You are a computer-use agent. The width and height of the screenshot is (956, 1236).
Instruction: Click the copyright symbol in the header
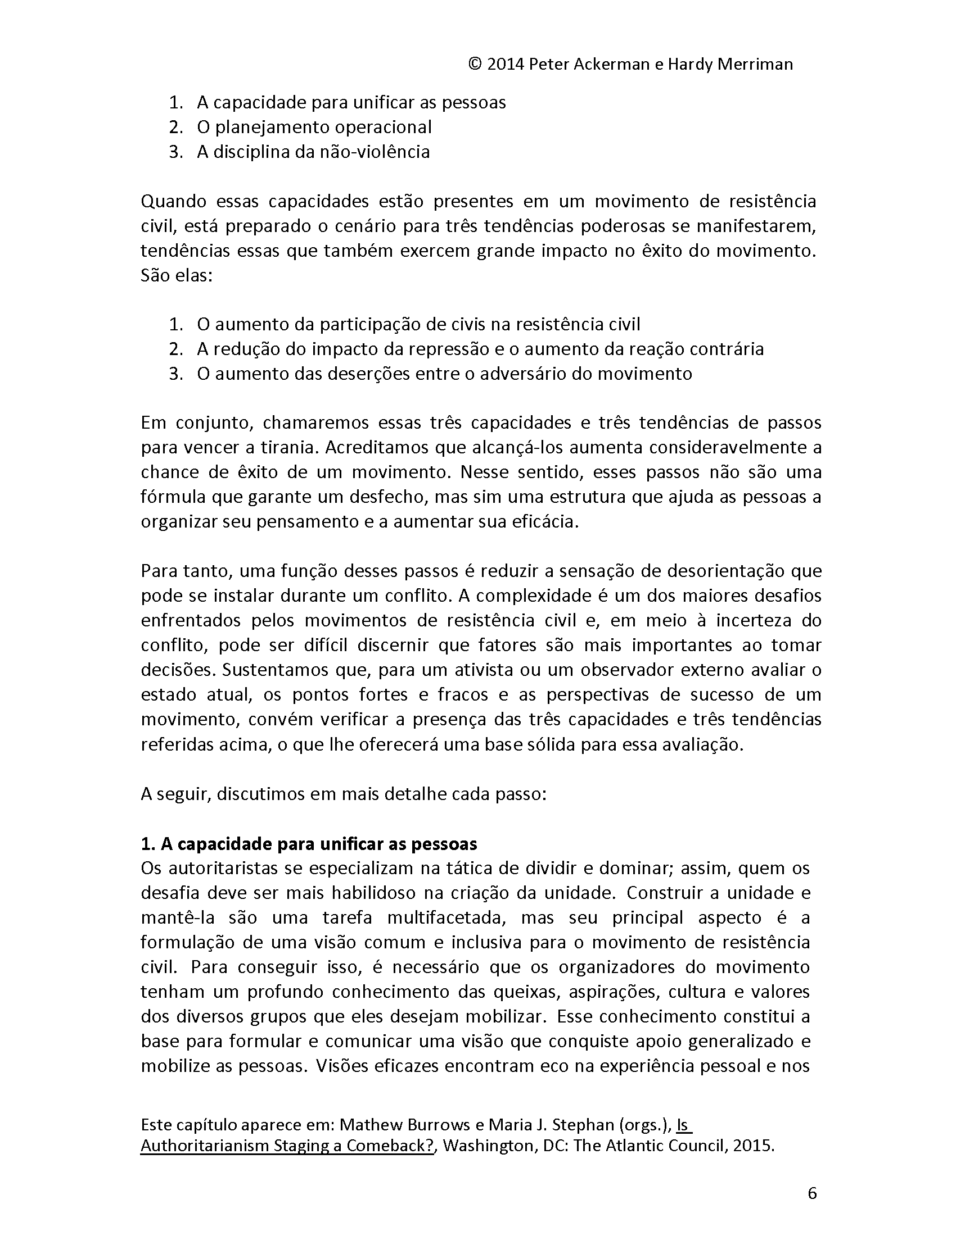coord(475,65)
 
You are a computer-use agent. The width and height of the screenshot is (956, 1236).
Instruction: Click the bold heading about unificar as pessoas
coord(309,844)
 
